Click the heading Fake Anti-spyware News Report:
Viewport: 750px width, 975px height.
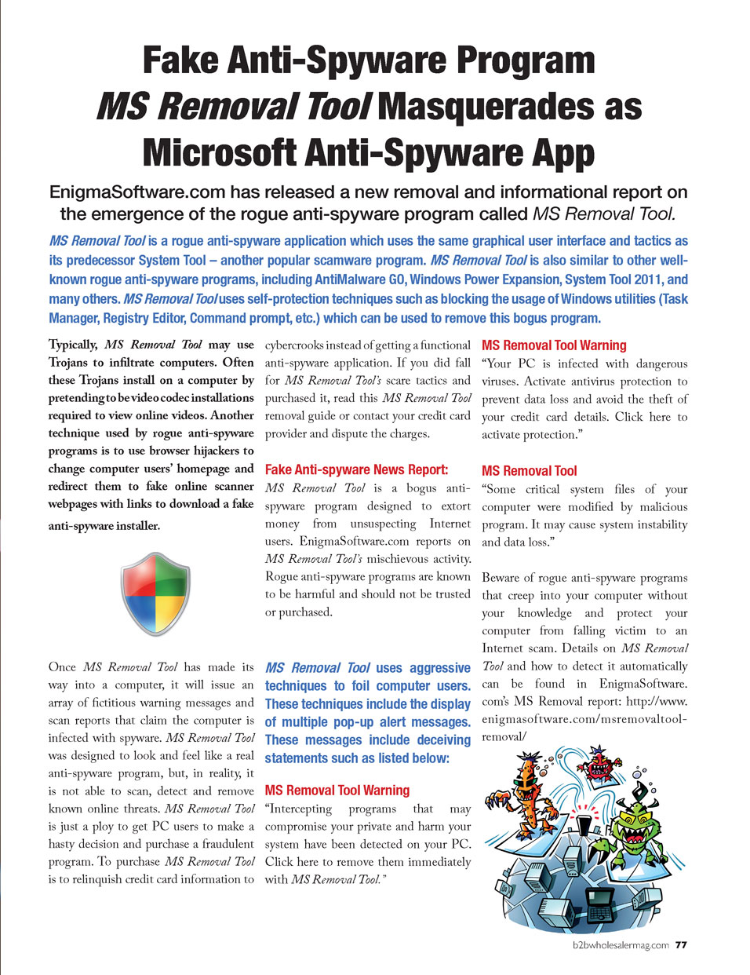(x=356, y=469)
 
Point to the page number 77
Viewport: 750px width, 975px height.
(x=681, y=945)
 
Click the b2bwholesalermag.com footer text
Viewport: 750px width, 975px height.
(x=621, y=945)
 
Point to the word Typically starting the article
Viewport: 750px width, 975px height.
(x=73, y=345)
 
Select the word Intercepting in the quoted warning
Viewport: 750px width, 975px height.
(x=301, y=809)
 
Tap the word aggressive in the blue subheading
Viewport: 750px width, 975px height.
(x=439, y=668)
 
